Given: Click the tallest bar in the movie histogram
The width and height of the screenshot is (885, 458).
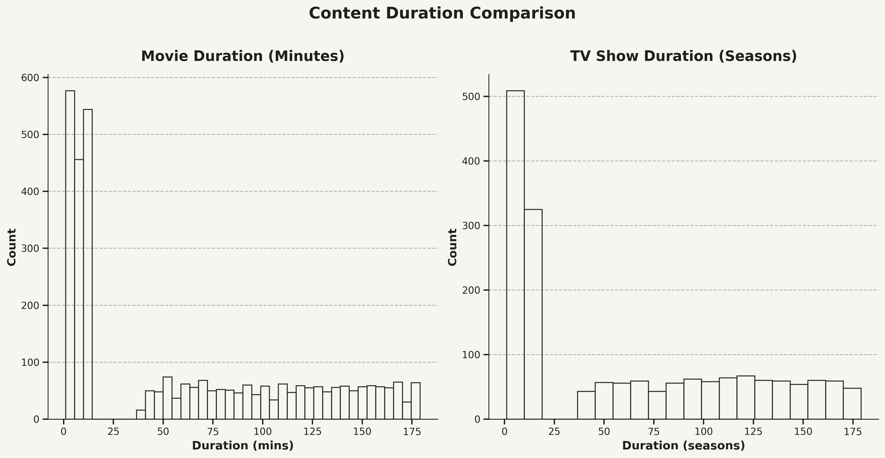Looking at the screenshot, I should [x=70, y=254].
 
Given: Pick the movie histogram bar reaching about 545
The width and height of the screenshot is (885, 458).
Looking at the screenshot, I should [x=88, y=265].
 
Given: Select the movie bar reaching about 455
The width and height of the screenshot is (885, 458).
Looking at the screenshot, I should [x=79, y=289].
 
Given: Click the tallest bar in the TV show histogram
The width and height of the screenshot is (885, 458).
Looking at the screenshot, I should [x=515, y=254].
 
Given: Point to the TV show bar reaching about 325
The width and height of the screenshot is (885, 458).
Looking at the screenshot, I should [x=533, y=315].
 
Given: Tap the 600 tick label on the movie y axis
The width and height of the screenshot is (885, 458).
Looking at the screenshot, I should [x=30, y=78].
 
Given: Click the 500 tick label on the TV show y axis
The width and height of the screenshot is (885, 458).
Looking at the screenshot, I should [x=471, y=97].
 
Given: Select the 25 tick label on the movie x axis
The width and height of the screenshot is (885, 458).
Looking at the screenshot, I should [x=113, y=432].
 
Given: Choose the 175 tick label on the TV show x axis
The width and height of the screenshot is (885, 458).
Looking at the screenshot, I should [x=853, y=432].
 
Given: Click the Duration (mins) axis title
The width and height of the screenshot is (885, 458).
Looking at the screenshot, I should [x=243, y=446].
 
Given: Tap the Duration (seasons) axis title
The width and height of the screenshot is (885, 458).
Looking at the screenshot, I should [x=683, y=446].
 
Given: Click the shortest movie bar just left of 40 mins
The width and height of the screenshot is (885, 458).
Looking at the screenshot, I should [x=141, y=415].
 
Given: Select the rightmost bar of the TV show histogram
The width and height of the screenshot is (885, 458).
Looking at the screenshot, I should [x=852, y=404].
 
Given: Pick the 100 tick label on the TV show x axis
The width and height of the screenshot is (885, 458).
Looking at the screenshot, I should [x=703, y=432].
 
